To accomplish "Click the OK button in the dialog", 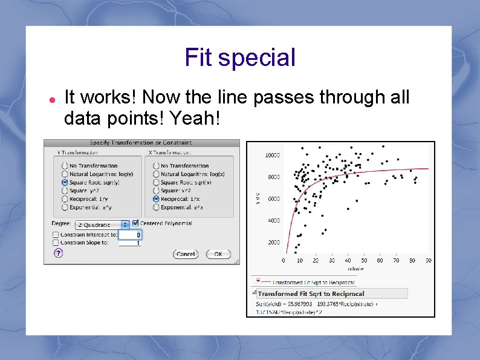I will [218, 254].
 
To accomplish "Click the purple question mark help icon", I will [58, 254].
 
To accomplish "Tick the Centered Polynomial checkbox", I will [135, 223].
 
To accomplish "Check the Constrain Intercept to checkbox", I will [56, 235].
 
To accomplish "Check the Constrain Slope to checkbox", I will [56, 243].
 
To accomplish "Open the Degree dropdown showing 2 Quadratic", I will [106, 224].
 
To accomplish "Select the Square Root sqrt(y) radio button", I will [65, 182].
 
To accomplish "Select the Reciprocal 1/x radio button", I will [156, 198].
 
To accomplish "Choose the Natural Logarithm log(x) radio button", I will [156, 174].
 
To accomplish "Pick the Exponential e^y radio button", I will [65, 207].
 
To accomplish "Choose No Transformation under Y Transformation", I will [65, 165].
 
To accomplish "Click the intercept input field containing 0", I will [130, 235].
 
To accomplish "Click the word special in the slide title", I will [256, 58].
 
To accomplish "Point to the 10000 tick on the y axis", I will [272, 155].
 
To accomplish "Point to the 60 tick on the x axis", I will [380, 261].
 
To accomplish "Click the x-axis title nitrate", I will [355, 268].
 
